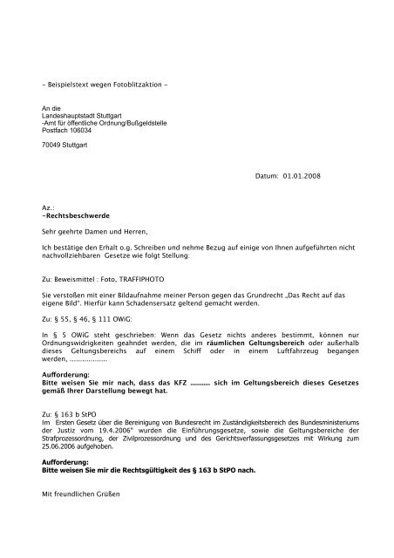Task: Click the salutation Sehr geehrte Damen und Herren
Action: pyautogui.click(x=95, y=234)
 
